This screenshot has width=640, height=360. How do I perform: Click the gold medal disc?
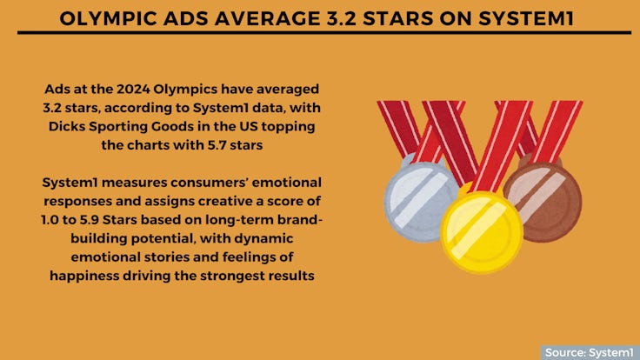[482, 232]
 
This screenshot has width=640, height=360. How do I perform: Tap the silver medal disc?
[420, 201]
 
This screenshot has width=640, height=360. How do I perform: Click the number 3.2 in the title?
[341, 18]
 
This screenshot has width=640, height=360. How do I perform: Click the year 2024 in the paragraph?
[133, 89]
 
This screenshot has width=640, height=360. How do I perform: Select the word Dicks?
[67, 126]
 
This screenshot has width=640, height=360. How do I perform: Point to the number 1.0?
[50, 220]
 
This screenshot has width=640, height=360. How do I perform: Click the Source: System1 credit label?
[589, 352]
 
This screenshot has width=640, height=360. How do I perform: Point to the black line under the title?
[324, 32]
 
